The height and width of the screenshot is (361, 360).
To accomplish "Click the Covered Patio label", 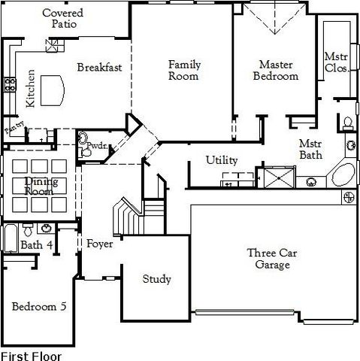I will (62, 19).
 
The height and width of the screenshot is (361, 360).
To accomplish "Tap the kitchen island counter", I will (51, 89).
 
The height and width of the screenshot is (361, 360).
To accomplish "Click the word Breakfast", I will (99, 67).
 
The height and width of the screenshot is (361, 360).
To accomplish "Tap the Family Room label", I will (183, 70).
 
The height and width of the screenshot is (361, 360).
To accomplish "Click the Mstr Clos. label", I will (335, 62).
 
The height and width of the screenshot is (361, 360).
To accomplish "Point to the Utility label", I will (222, 160).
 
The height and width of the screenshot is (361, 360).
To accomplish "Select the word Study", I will (156, 279).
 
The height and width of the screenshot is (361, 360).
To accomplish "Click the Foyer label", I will (99, 244).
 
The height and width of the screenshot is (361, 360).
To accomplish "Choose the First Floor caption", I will (31, 355).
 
